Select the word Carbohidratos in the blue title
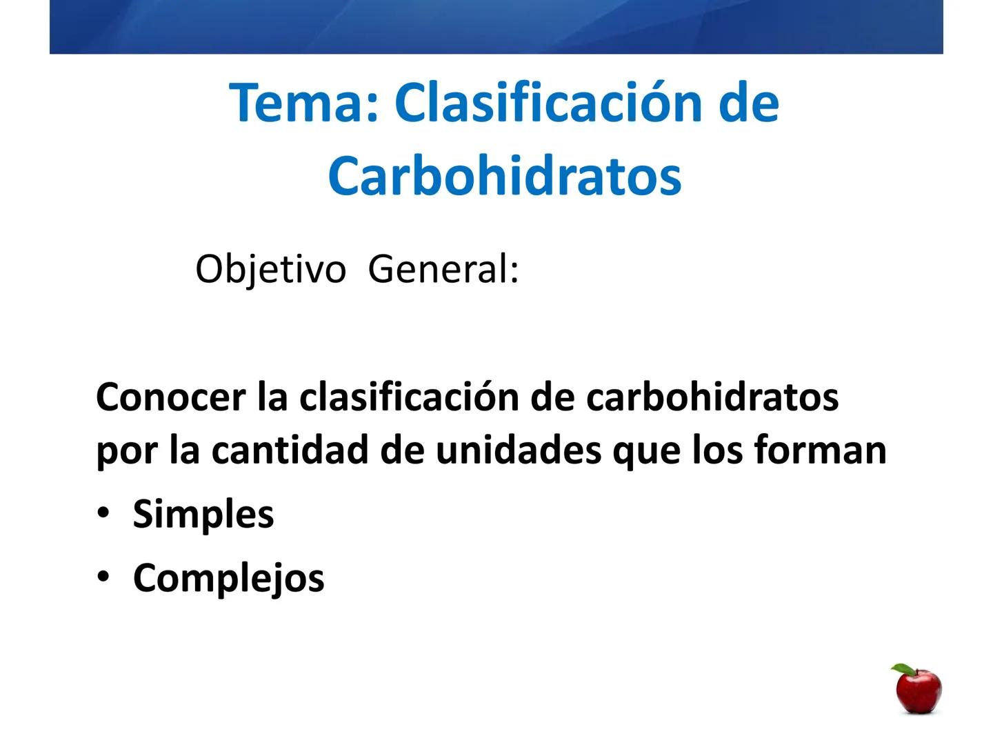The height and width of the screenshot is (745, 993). click(505, 176)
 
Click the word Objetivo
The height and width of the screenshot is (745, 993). click(270, 269)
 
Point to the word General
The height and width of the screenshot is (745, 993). click(442, 269)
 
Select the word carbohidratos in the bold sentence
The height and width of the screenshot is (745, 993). click(712, 397)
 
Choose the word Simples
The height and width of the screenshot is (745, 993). click(203, 515)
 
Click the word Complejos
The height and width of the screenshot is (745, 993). click(228, 578)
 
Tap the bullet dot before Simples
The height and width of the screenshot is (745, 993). click(103, 513)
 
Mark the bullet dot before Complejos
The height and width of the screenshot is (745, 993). click(103, 577)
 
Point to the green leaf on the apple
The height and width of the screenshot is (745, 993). click(902, 669)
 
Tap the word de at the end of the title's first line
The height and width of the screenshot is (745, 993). click(748, 103)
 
